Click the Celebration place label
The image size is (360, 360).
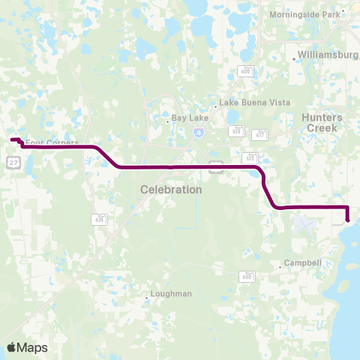tap(171, 190)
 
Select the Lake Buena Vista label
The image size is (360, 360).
tap(241, 104)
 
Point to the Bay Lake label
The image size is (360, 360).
tap(187, 118)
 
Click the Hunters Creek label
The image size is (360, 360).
tap(322, 123)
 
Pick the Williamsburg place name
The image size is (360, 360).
tap(328, 55)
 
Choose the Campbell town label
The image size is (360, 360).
tap(303, 263)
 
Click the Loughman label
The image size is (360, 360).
tap(171, 294)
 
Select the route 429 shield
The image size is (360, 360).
tap(100, 219)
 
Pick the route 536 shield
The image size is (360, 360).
tap(236, 131)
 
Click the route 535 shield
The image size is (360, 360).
tap(250, 158)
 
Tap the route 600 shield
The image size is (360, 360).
tap(246, 276)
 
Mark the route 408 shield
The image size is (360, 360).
tap(246, 70)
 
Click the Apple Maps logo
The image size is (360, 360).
tap(27, 347)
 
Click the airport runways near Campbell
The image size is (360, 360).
tap(306, 224)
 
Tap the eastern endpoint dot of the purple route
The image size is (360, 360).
tap(348, 220)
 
